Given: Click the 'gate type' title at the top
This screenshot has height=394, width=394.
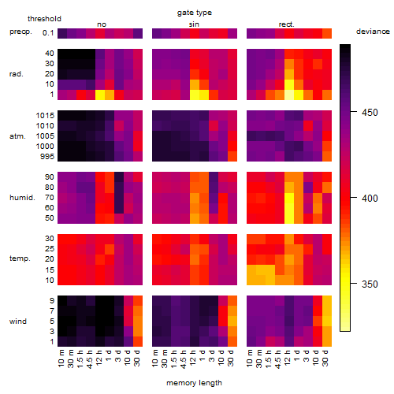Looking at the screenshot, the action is pos(195,13).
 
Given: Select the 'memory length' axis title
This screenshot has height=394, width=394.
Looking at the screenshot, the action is pos(195,383).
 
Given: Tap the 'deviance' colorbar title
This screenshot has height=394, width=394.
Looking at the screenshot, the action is pos(373,32).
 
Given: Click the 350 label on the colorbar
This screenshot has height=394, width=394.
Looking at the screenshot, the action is pos(370,284).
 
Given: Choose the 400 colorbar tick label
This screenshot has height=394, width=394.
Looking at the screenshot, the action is pos(370,199).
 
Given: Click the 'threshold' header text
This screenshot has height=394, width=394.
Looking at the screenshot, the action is pos(44,19).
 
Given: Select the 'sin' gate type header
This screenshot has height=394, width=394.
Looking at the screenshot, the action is pos(194,24).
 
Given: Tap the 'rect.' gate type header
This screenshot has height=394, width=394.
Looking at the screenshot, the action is pos(287,24).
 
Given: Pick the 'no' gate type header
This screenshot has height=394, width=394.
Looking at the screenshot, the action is pos(102,24).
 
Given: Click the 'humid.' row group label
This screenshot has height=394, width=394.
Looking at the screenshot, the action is pos(22,198).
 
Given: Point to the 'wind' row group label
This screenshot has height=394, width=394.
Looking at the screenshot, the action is pos(18,322).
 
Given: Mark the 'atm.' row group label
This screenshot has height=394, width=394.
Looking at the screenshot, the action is pos(17,136).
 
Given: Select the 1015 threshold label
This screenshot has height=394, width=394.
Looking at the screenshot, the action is pos(45,116).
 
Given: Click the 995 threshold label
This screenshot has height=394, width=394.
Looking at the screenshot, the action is pos(47,157).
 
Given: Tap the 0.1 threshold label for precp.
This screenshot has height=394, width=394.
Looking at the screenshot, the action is pos(48,33).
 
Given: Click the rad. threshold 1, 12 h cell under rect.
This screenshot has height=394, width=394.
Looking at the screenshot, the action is pos(289,95).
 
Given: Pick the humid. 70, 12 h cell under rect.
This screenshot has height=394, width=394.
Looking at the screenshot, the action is pos(289,198).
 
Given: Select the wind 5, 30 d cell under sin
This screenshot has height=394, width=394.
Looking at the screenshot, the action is pos(232,321).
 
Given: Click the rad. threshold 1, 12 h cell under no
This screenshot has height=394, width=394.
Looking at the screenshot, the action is pos(100,95).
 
